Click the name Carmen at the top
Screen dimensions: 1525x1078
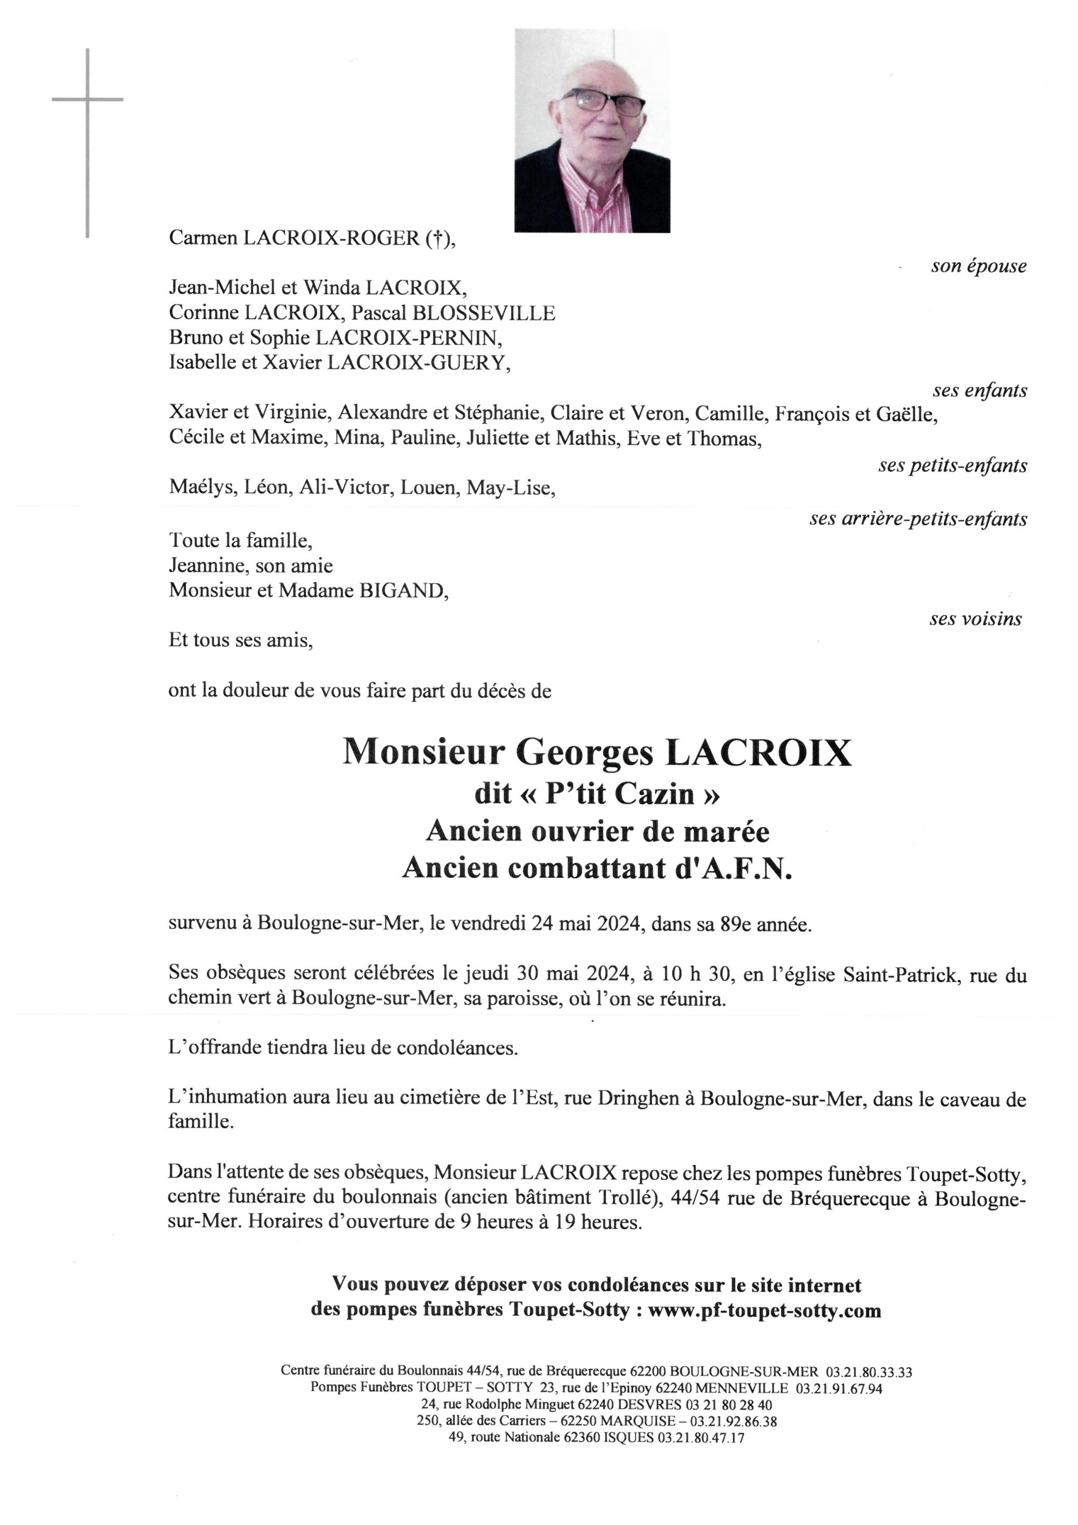[203, 238]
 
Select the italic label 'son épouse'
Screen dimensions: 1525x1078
[979, 266]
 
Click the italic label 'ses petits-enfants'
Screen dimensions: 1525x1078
[953, 465]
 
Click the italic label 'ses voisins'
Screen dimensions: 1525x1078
[975, 619]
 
